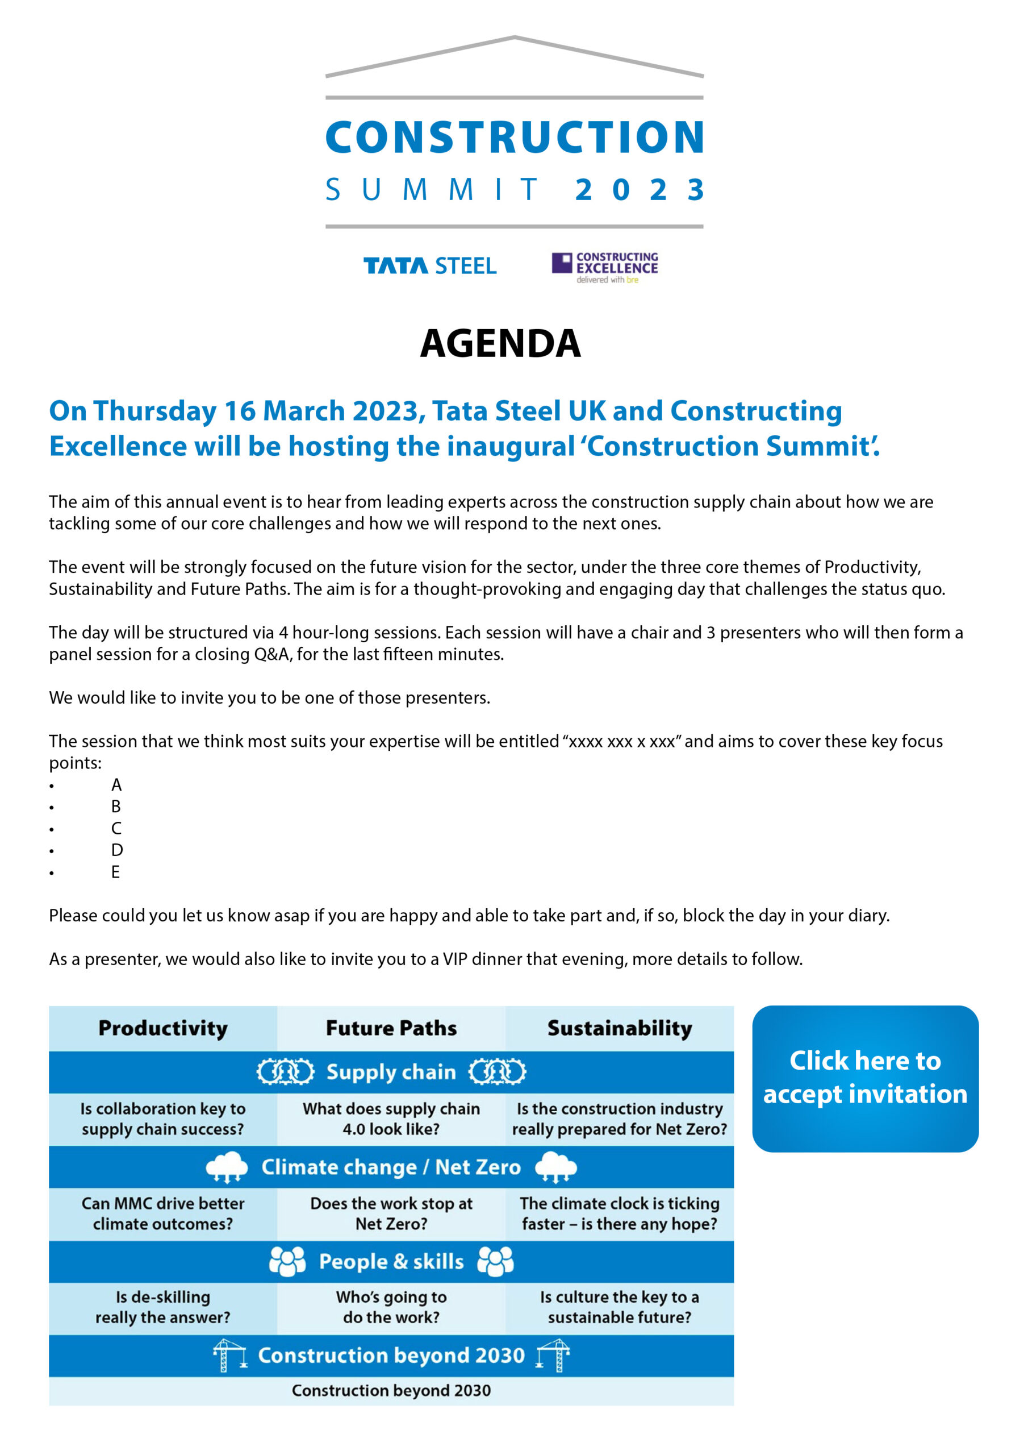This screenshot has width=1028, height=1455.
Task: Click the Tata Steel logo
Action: point(429,265)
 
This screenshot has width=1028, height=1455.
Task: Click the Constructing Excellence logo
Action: point(604,267)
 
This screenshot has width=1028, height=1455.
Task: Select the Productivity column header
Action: point(163,1028)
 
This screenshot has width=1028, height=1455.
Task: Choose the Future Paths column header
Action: point(391,1028)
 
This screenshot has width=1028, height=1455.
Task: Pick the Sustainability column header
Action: point(619,1028)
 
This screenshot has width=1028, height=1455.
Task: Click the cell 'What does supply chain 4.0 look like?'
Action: point(391,1119)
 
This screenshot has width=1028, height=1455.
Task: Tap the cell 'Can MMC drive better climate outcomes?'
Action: point(163,1213)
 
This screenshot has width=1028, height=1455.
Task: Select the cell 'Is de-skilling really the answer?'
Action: point(163,1307)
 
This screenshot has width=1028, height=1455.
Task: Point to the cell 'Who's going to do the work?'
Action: point(391,1307)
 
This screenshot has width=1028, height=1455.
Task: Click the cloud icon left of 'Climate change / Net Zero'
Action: point(227,1167)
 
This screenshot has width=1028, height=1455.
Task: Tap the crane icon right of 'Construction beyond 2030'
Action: point(553,1356)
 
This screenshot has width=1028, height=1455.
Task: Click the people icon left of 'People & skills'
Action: point(287,1261)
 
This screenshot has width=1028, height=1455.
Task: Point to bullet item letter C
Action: point(116,828)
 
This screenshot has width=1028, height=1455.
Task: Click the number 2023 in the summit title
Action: point(639,189)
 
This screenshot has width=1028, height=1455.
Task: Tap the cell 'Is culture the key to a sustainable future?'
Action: point(619,1307)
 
